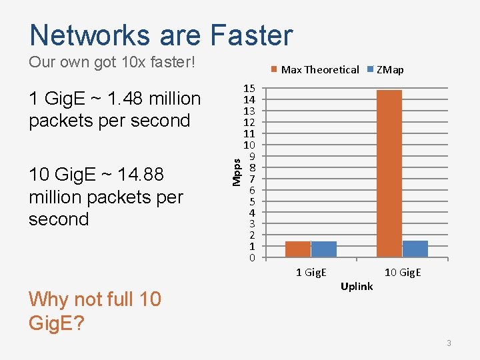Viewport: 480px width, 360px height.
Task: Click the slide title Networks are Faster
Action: pyautogui.click(x=161, y=35)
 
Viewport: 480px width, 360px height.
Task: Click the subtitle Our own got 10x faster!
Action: pyautogui.click(x=112, y=63)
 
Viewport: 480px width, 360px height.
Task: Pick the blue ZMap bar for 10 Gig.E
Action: pyautogui.click(x=415, y=249)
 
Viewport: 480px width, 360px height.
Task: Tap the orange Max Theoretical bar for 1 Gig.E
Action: pyautogui.click(x=298, y=249)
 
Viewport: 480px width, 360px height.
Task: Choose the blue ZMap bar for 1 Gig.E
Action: pyautogui.click(x=324, y=249)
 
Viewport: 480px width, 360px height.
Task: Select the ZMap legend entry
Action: pyautogui.click(x=390, y=69)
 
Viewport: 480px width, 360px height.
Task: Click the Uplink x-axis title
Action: pyautogui.click(x=357, y=287)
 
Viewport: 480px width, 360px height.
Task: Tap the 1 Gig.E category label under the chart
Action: pyautogui.click(x=311, y=272)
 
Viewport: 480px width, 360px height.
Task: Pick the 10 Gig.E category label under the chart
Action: pyautogui.click(x=403, y=272)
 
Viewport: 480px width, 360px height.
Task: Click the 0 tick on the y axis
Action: pyautogui.click(x=252, y=258)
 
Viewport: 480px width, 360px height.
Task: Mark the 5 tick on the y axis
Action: pyautogui.click(x=252, y=201)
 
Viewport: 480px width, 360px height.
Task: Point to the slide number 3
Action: pyautogui.click(x=449, y=343)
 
